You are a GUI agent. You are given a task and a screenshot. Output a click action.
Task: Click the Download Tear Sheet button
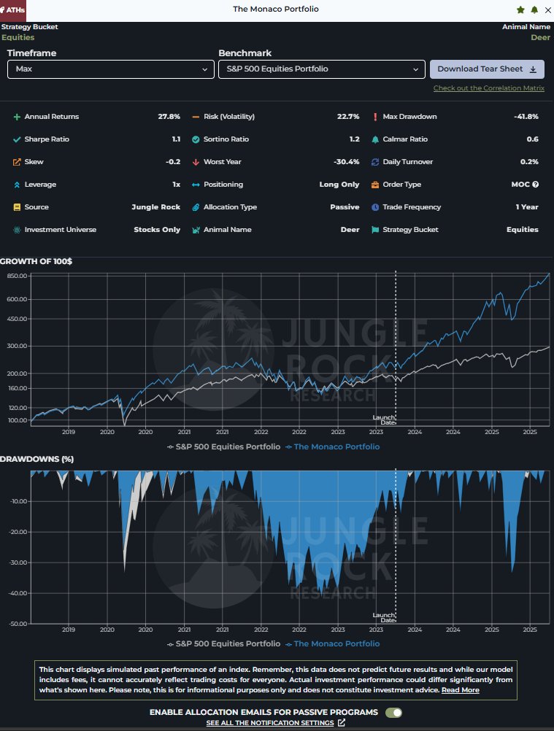[487, 69]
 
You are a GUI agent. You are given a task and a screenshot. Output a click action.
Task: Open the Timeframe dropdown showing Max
[110, 69]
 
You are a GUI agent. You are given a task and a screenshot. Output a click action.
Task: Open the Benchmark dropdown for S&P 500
[321, 69]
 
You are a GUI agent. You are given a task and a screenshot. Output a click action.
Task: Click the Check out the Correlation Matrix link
[489, 88]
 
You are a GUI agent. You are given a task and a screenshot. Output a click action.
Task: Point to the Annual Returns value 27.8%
[169, 117]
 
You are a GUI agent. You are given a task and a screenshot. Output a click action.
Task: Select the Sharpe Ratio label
[47, 139]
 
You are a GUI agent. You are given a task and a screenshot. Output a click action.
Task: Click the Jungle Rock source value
[155, 207]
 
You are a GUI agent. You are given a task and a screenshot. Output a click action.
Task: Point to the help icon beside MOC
[535, 185]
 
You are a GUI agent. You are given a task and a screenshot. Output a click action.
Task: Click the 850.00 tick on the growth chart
[16, 276]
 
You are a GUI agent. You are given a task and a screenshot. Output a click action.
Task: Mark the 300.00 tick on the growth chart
[16, 346]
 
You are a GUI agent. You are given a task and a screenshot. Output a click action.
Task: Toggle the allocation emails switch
[393, 712]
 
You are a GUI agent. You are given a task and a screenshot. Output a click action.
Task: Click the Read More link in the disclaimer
[460, 690]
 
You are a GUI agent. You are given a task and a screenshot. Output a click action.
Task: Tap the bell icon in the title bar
[534, 9]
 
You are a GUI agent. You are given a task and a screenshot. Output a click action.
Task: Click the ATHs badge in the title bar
[12, 10]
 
